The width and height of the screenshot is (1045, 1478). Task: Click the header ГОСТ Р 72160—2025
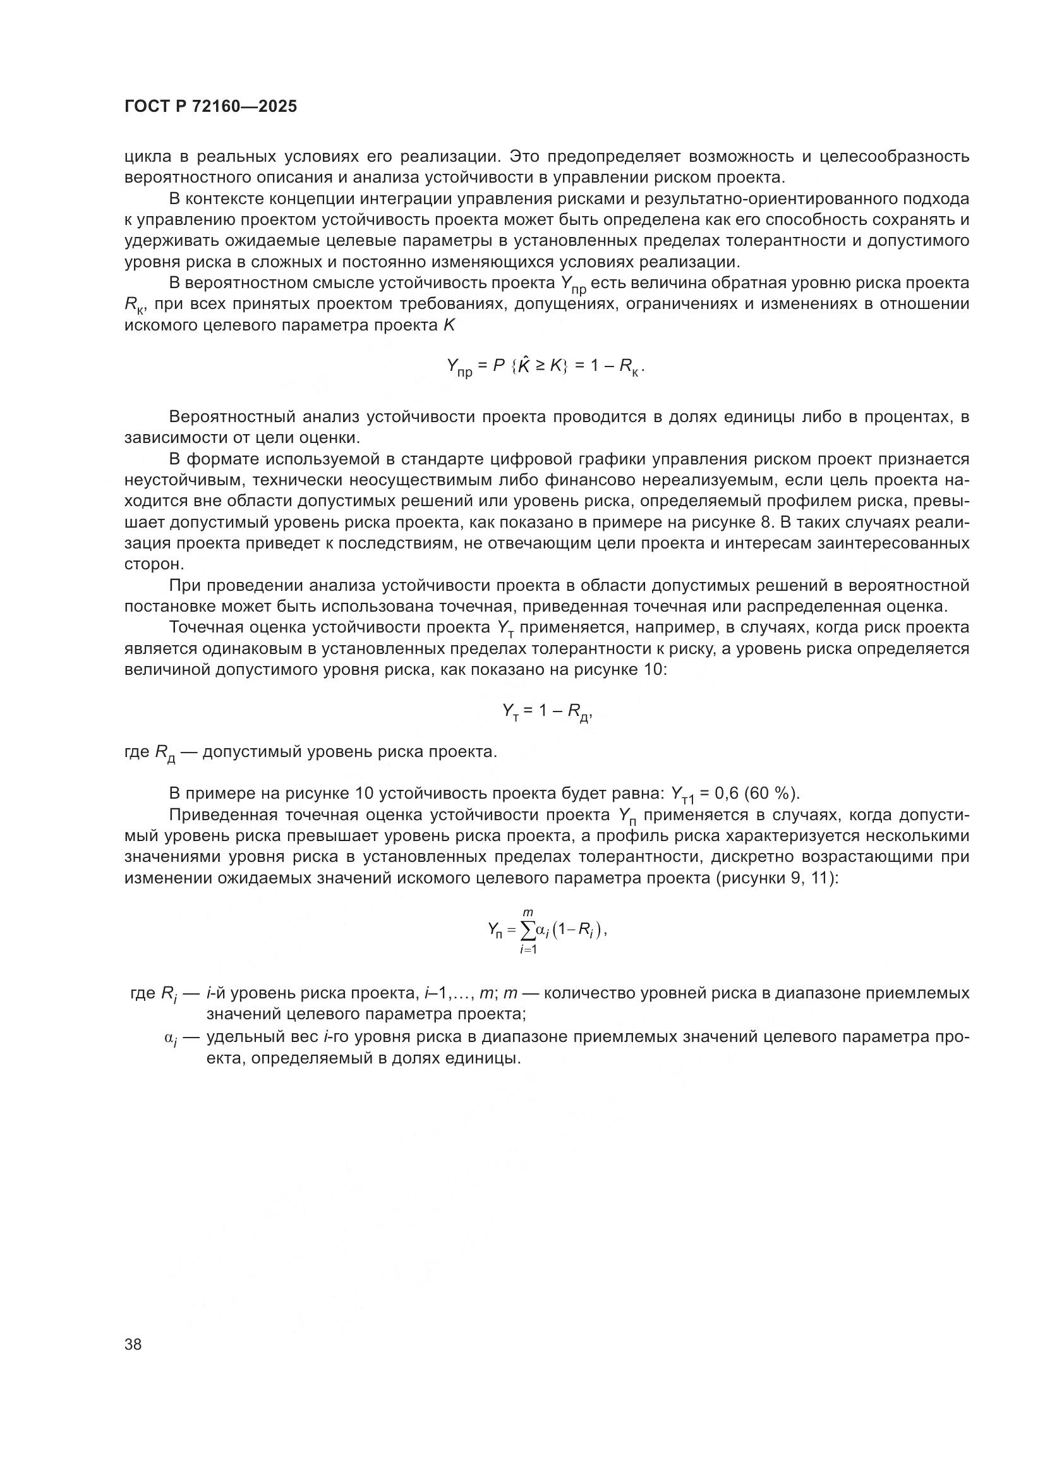point(210,107)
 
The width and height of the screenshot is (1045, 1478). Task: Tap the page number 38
point(133,1344)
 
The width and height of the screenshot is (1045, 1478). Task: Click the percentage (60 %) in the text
point(771,792)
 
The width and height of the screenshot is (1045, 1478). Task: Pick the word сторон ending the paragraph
point(154,564)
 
